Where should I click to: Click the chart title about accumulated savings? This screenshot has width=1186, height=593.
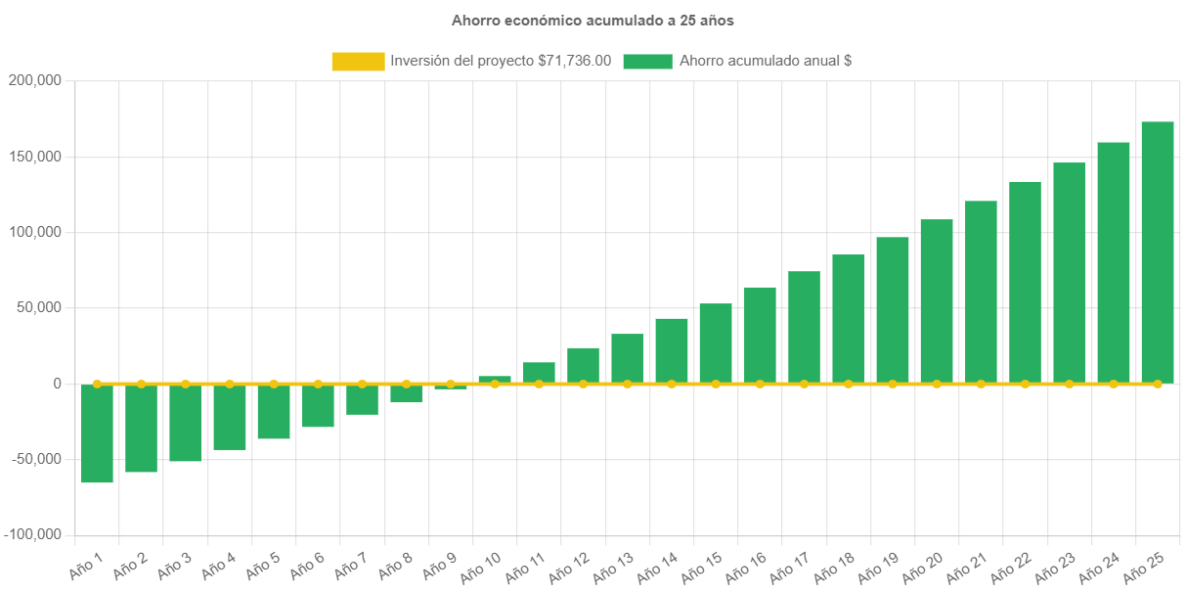click(x=593, y=21)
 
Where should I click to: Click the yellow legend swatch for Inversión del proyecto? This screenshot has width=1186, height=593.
click(x=358, y=61)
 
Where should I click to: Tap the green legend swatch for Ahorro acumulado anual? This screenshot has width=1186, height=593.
click(x=647, y=61)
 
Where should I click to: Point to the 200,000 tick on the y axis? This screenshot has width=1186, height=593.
click(x=34, y=80)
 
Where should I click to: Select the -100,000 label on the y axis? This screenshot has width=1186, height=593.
click(x=33, y=534)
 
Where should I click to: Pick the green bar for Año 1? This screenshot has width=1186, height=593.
click(x=97, y=433)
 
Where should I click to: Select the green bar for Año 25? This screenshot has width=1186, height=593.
click(x=1158, y=252)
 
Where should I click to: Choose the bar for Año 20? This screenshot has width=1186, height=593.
click(x=937, y=300)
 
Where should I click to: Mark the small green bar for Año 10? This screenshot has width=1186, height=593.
click(x=495, y=379)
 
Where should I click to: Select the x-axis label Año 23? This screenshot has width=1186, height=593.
click(x=1053, y=565)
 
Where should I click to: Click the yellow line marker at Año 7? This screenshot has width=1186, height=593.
click(x=362, y=384)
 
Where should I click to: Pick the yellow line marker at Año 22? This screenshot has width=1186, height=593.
click(x=1025, y=384)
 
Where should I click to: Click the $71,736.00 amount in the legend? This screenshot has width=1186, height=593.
click(x=574, y=61)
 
